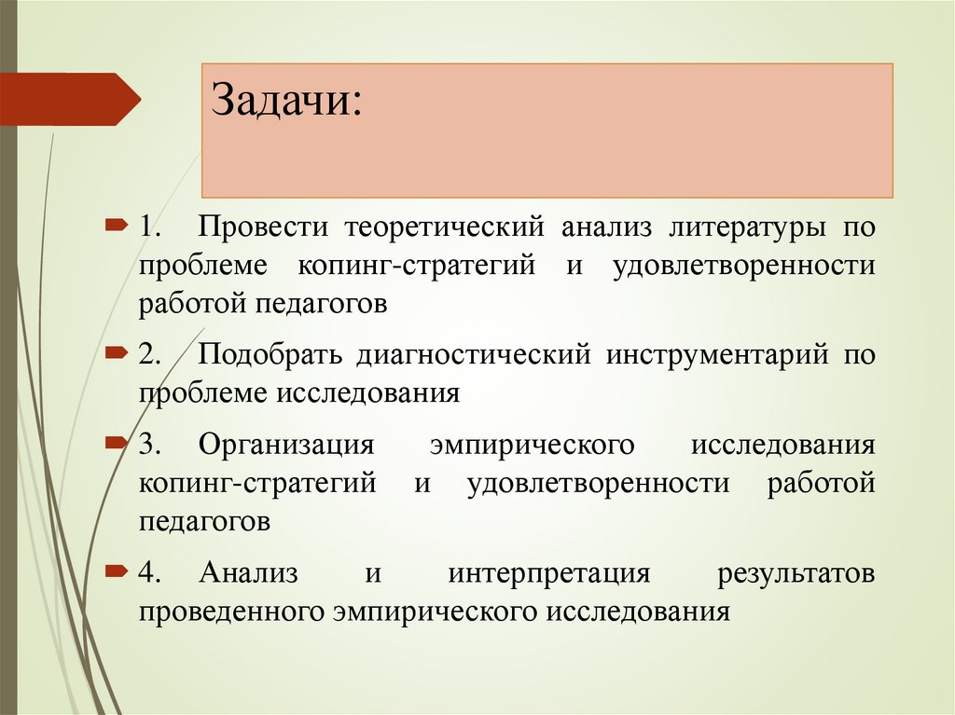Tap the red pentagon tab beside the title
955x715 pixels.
coord(70,99)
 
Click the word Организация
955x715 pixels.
coord(286,445)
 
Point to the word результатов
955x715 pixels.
coord(796,573)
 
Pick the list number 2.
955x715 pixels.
coord(151,355)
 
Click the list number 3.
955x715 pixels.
coord(151,445)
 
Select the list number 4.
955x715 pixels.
coord(151,573)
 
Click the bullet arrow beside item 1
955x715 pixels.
coord(116,225)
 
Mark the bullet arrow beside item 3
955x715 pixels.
coord(116,440)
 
